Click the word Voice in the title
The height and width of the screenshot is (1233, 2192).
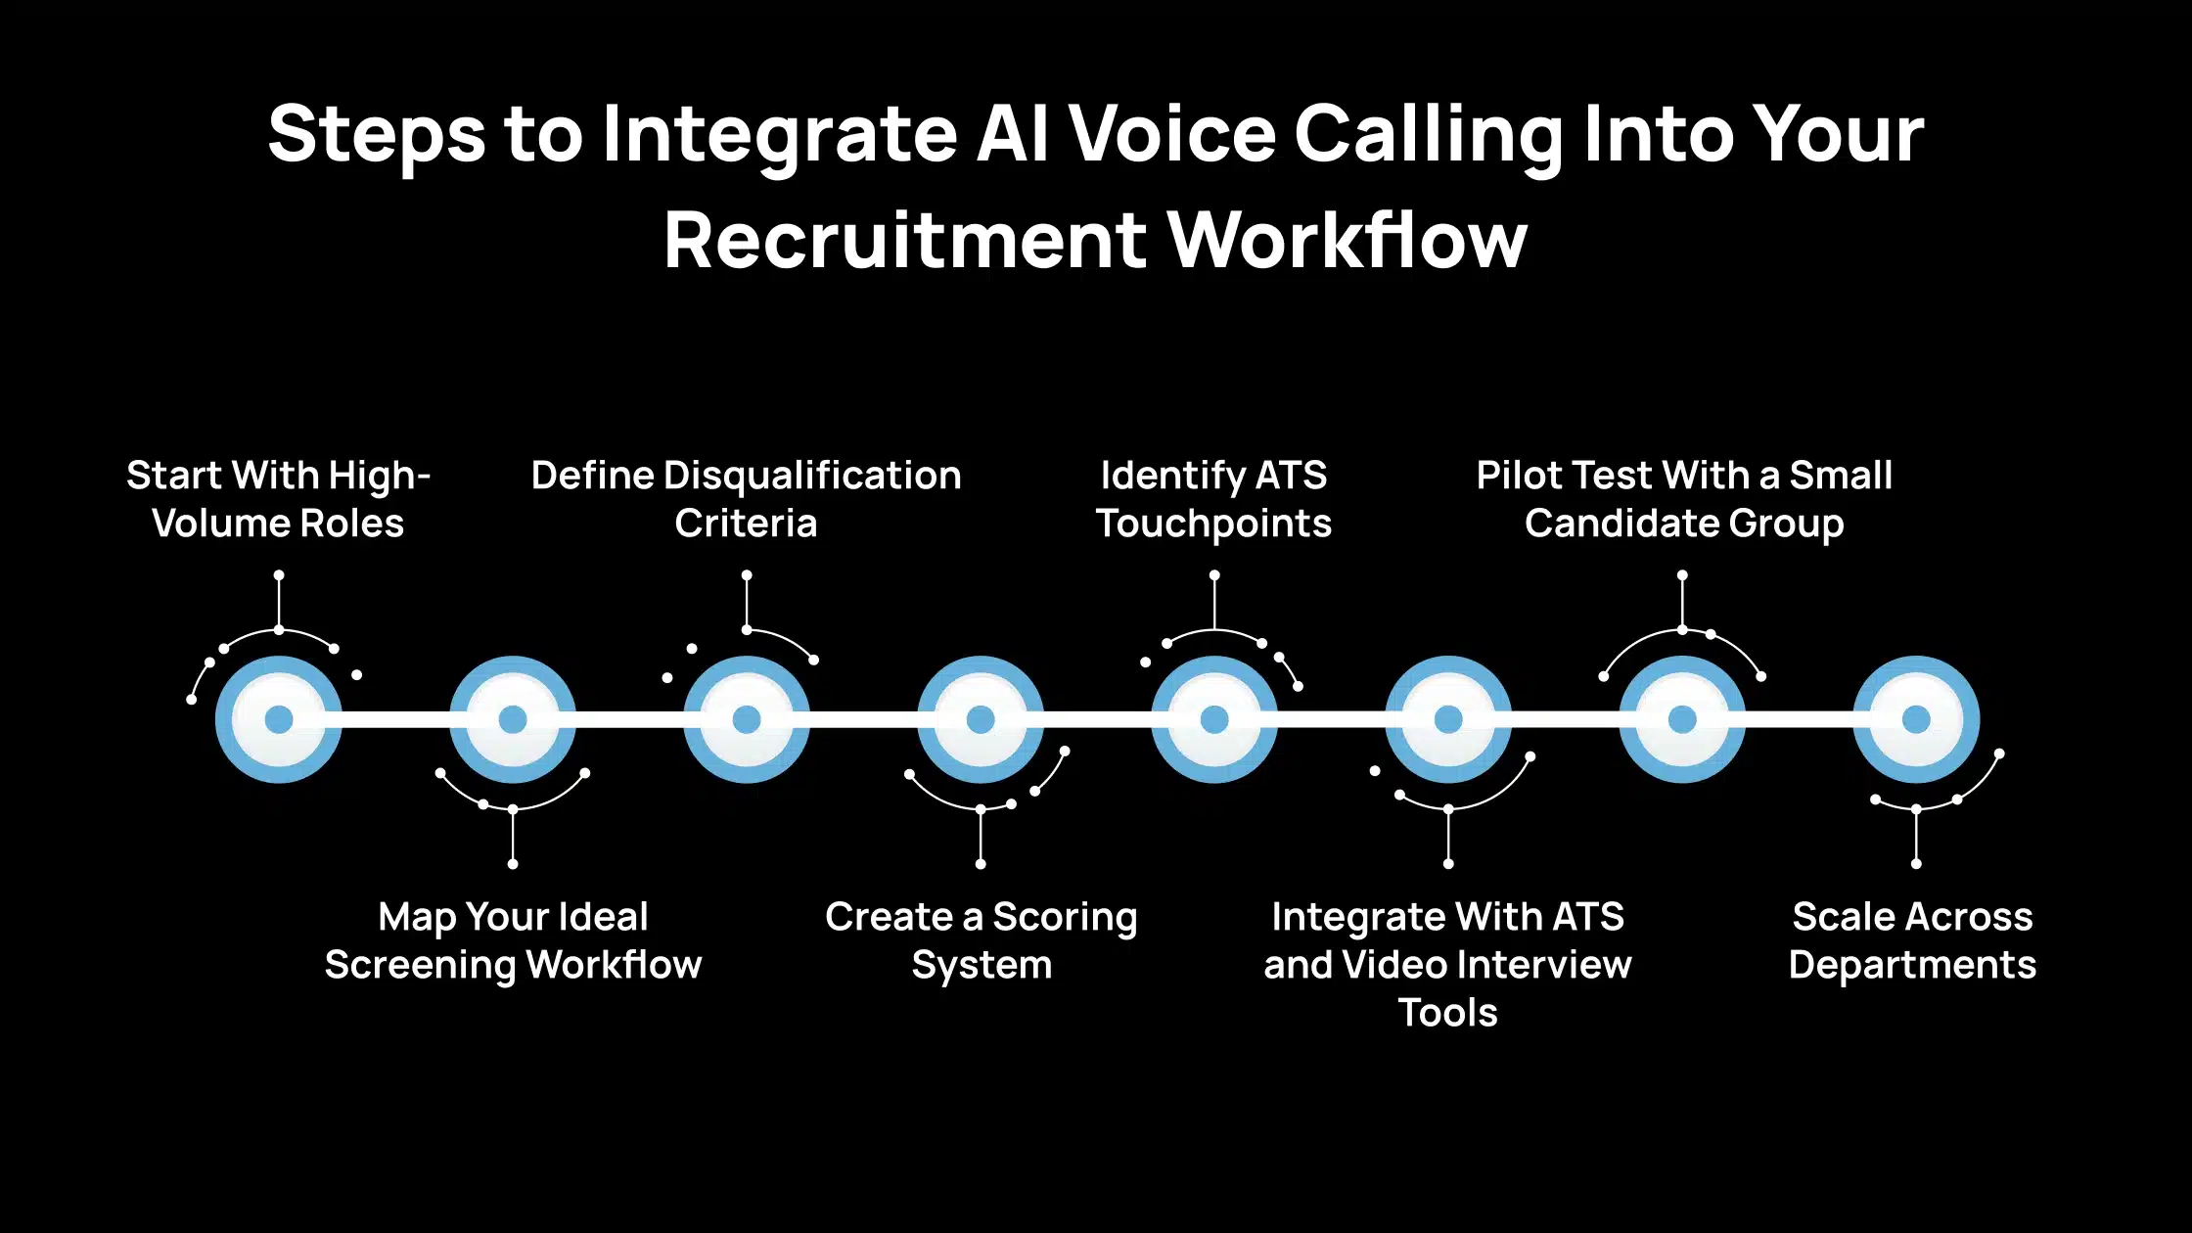[1171, 135]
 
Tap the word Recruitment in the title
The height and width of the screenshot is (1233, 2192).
[905, 241]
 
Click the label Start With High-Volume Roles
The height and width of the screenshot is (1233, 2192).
[278, 499]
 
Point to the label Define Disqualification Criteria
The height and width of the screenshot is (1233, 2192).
[746, 499]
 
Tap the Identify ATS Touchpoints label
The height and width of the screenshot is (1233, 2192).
[1213, 499]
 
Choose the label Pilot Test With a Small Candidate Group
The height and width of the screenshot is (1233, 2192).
[1683, 499]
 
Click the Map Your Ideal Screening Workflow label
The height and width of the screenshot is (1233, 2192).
[513, 940]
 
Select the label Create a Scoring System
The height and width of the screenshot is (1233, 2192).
[981, 940]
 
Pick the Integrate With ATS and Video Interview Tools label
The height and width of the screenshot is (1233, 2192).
[1447, 964]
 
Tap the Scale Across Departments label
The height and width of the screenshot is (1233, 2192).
[1912, 940]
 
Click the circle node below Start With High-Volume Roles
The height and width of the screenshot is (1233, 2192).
[279, 719]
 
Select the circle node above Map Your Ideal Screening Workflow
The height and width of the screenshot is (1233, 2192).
[513, 719]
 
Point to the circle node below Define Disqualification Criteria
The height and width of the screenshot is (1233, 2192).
[747, 719]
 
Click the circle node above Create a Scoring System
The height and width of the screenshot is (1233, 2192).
[981, 719]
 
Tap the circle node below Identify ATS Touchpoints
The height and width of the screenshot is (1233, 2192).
[1214, 719]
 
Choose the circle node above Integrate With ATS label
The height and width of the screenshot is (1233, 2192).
[1448, 719]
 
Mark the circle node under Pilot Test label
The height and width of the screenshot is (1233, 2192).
[1682, 719]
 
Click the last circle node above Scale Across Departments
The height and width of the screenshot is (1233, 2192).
[1916, 719]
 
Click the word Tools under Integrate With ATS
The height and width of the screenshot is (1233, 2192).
[1447, 1013]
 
